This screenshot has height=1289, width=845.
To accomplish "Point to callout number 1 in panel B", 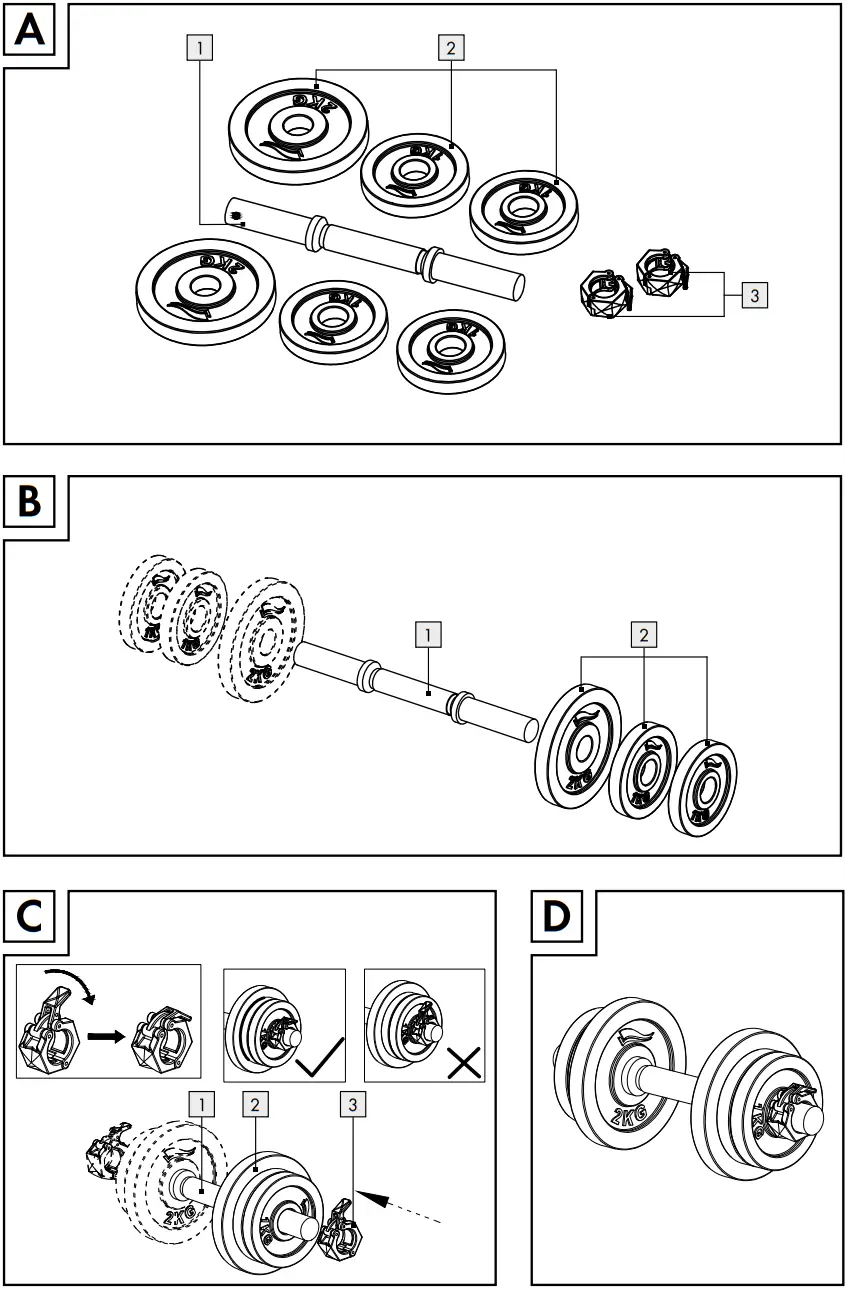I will tap(427, 633).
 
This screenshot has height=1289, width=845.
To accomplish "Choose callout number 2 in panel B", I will tap(644, 633).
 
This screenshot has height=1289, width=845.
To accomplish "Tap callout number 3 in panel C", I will tap(351, 1105).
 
